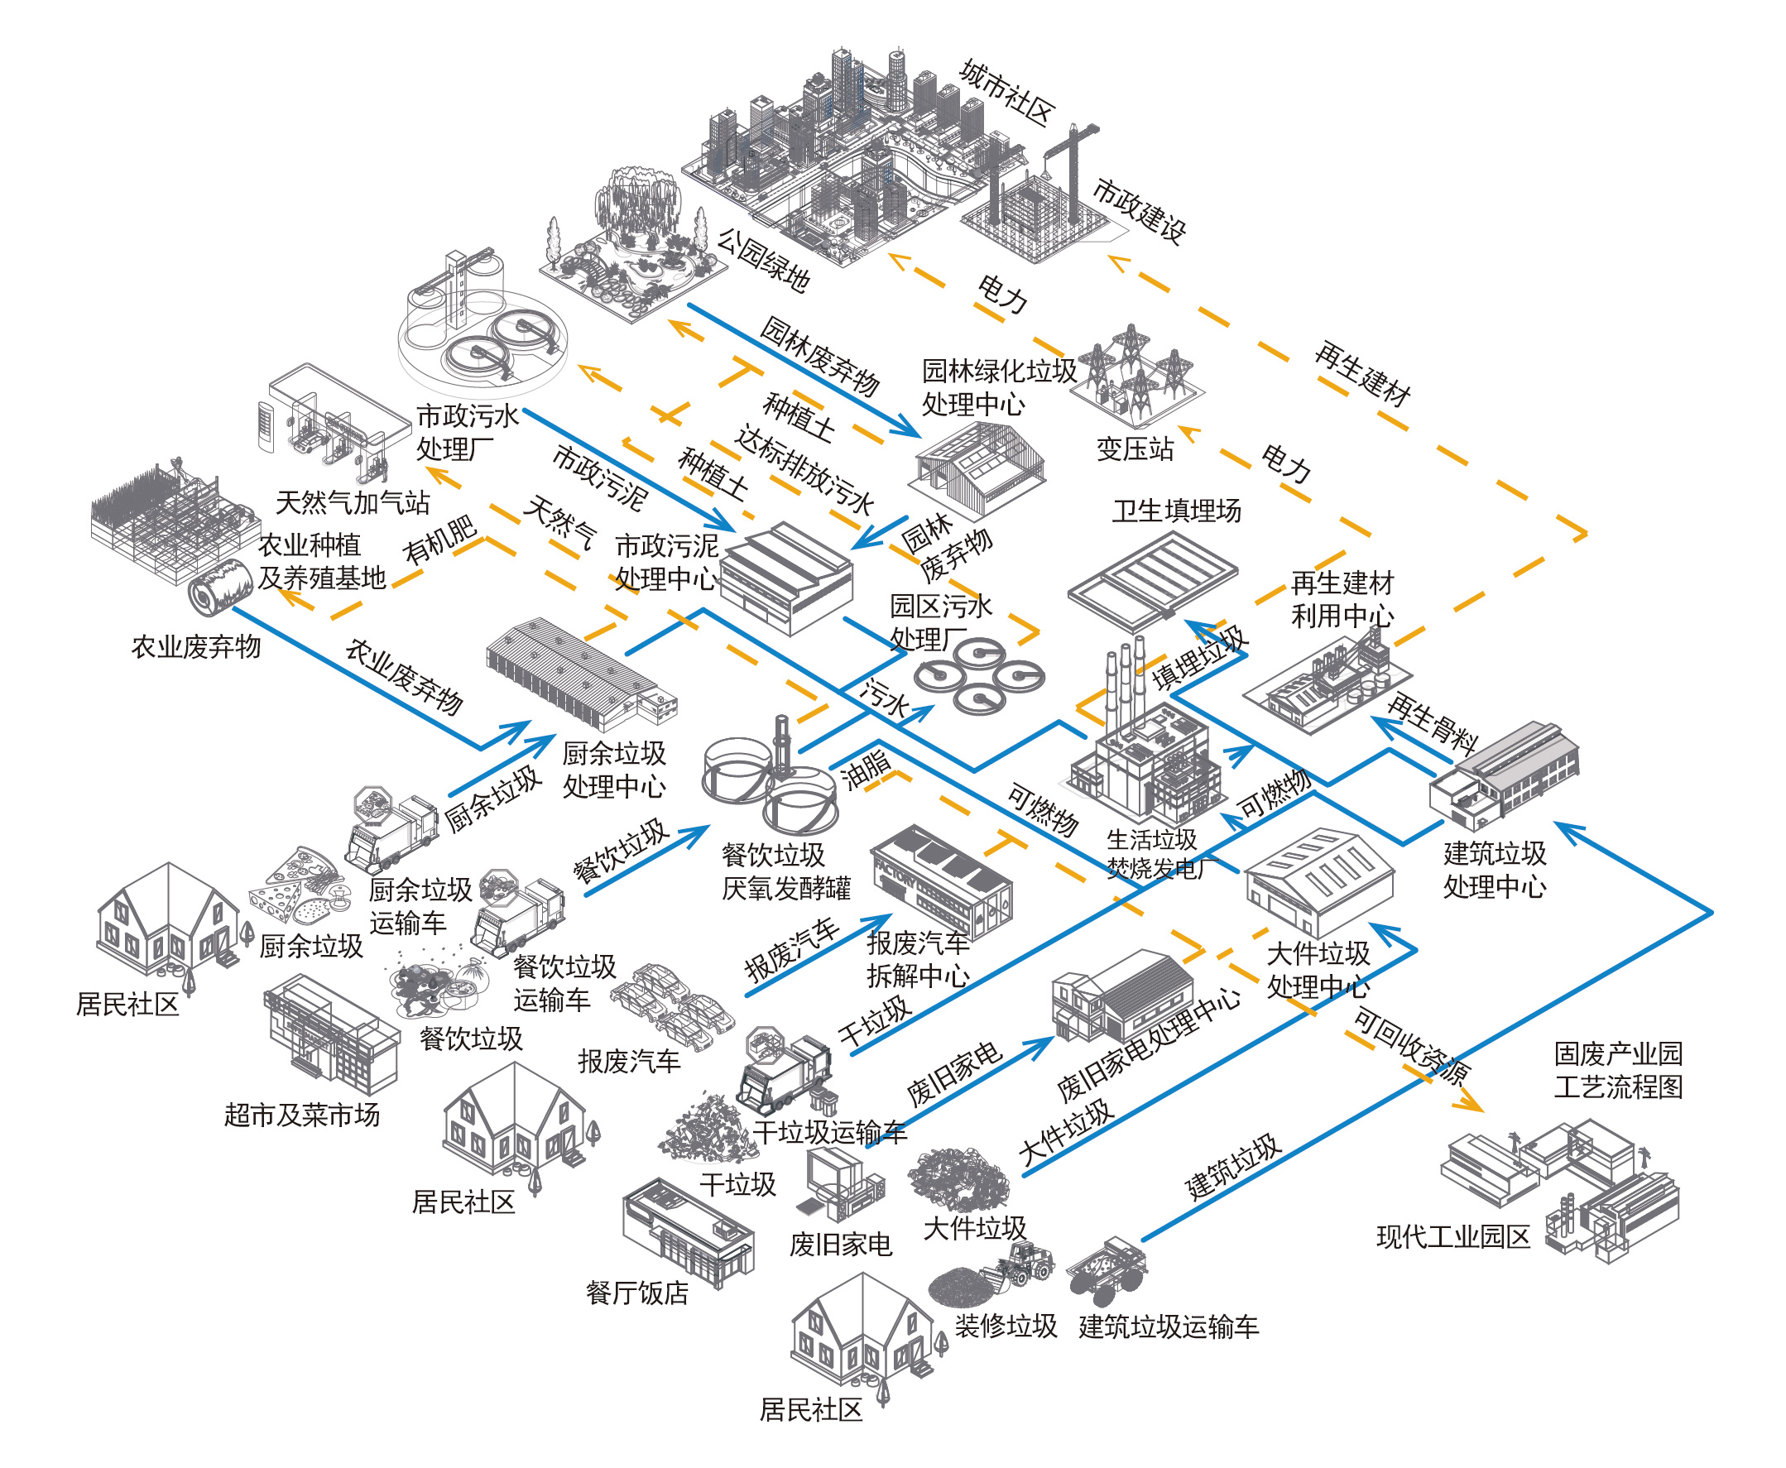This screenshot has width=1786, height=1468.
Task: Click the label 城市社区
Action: coord(1006,94)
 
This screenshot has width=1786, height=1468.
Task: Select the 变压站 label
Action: coord(1134,449)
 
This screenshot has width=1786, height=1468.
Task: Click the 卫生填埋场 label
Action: coord(1176,511)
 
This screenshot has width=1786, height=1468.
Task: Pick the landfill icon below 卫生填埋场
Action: coord(1152,579)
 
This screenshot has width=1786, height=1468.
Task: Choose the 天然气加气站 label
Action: coord(353,502)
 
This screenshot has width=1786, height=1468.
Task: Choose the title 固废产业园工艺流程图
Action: coord(1617,1069)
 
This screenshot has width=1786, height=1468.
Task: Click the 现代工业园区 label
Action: coord(1452,1236)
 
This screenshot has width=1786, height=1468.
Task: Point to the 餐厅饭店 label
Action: coord(636,1292)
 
